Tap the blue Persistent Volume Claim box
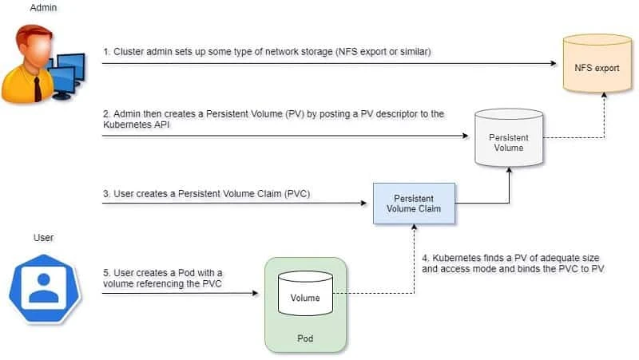pos(414,204)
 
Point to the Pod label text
pos(305,338)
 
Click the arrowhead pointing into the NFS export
pos(554,63)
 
